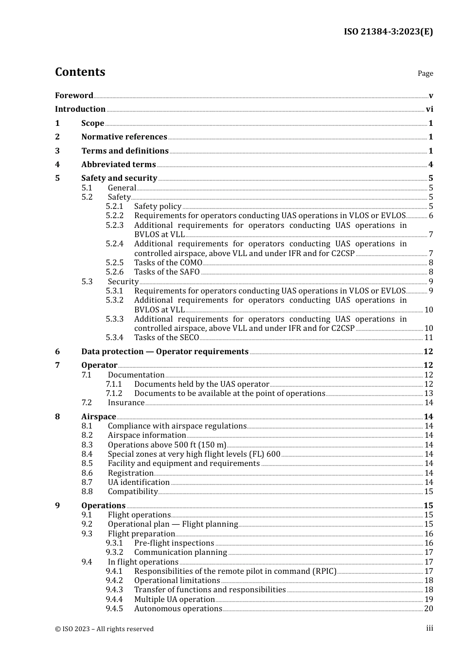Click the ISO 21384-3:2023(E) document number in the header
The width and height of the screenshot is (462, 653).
coord(388,32)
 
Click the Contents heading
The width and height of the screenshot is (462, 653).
coord(80,72)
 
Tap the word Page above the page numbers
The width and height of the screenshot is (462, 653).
coord(425,73)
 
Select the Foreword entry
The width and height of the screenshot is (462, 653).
coord(74,96)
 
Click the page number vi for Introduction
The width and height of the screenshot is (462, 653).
coord(429,109)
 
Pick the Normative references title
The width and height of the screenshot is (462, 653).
coord(124,137)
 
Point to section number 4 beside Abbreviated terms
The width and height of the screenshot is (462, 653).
coord(57,165)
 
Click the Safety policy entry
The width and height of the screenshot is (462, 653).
coord(158,206)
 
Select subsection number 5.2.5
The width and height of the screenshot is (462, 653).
coord(115,263)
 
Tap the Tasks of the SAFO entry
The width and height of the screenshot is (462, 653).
coord(167,272)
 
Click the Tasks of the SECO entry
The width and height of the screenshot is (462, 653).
coord(166,338)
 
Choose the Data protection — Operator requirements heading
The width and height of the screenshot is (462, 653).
coord(165,352)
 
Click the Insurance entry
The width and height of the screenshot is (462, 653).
coord(126,403)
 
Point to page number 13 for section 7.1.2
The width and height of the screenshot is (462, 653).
coord(428,394)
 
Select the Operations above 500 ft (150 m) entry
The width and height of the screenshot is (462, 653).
coord(167,445)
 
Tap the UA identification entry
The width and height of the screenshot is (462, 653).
coord(139,482)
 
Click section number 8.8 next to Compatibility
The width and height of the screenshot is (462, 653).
coord(87,492)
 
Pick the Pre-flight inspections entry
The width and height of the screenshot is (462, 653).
coord(174,543)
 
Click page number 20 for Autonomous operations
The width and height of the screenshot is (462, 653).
coord(428,609)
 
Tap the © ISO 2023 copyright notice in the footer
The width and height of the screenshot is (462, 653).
coord(104,629)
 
